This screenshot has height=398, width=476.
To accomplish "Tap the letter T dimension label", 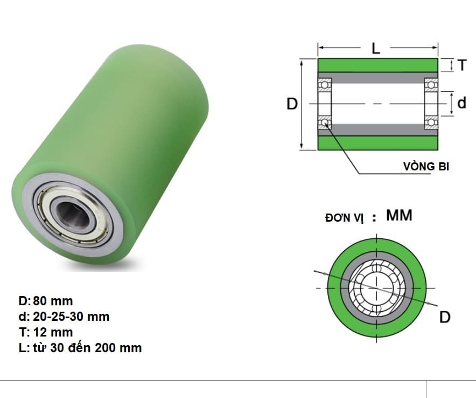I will pos(462,66).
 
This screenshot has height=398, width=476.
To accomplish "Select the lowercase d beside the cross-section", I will pos(462,102).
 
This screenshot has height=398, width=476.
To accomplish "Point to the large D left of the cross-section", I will pos(292,104).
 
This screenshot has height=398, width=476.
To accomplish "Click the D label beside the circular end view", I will pos(445,317).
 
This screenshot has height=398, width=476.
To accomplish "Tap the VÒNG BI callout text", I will pos(426,166).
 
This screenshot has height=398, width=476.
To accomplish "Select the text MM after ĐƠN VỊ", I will pos(399,216).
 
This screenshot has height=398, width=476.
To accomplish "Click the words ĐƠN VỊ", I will pos(345,218).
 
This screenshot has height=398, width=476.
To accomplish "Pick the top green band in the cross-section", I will pos(377,65).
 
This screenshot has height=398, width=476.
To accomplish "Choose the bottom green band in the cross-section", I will pos(377,142).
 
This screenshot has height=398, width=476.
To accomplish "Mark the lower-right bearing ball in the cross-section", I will pos(430,122).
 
